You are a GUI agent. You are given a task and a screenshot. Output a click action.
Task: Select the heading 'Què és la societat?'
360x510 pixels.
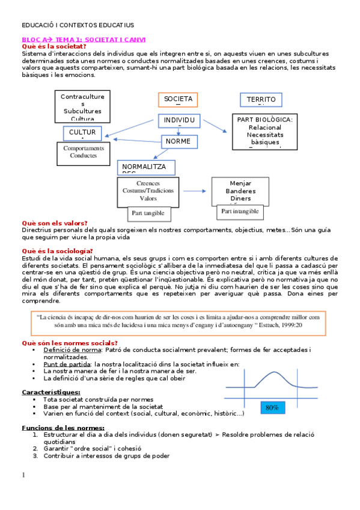tap(53, 46)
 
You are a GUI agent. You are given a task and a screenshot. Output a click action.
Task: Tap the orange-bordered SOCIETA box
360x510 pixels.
tap(178, 99)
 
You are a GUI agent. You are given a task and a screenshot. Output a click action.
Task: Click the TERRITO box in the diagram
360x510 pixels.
tap(261, 100)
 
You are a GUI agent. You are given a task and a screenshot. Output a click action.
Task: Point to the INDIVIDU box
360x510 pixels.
tap(178, 120)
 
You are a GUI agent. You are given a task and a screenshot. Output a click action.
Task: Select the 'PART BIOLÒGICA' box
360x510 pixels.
tap(264, 131)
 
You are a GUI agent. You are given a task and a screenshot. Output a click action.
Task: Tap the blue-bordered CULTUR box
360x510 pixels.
tap(82, 133)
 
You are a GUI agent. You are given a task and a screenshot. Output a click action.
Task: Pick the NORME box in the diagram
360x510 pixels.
tap(178, 141)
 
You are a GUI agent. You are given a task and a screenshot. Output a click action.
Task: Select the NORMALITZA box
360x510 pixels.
tap(146, 167)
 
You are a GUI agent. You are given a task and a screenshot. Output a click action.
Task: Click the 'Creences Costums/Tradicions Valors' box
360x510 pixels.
tap(148, 191)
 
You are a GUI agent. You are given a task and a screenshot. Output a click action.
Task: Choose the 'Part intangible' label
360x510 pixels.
tap(240, 212)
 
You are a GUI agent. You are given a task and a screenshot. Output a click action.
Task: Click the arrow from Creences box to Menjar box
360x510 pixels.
tap(195, 191)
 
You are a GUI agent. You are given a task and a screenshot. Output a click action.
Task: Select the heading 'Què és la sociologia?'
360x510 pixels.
tap(57, 251)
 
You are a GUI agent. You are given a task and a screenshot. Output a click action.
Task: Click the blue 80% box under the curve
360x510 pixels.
tap(272, 407)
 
